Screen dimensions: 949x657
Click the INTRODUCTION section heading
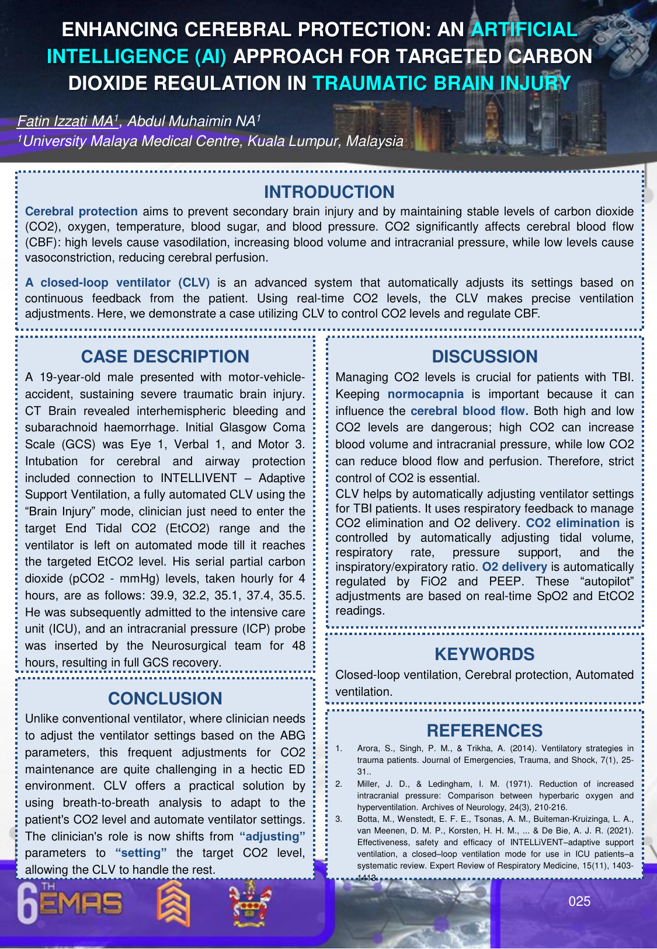pyautogui.click(x=329, y=192)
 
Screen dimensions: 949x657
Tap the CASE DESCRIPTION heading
pyautogui.click(x=165, y=357)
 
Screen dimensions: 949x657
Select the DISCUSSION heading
pyautogui.click(x=484, y=357)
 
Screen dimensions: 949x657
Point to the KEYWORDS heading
pyautogui.click(x=484, y=654)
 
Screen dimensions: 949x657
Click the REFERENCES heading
pyautogui.click(x=484, y=731)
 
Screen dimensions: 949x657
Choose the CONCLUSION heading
pyautogui.click(x=165, y=699)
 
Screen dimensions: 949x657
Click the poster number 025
pyautogui.click(x=579, y=902)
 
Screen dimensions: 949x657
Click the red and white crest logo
pyautogui.click(x=250, y=903)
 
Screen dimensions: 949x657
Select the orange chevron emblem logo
pyautogui.click(x=173, y=903)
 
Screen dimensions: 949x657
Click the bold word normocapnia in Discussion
pyautogui.click(x=425, y=395)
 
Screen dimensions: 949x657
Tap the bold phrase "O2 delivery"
pyautogui.click(x=514, y=567)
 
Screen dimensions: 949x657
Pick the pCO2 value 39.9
pyautogui.click(x=179, y=596)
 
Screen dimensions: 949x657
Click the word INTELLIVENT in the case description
pyautogui.click(x=199, y=478)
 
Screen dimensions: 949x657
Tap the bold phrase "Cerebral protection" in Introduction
pyautogui.click(x=81, y=211)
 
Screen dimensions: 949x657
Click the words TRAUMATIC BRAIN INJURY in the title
pyautogui.click(x=441, y=83)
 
